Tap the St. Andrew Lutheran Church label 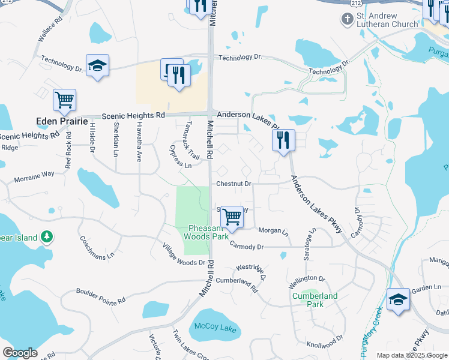point(387,19)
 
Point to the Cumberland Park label point(315,300)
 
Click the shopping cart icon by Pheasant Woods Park point(232,217)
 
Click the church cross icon point(347,20)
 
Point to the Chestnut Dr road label point(234,184)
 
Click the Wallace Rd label point(50,29)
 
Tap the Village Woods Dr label point(185,256)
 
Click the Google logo point(20,352)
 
